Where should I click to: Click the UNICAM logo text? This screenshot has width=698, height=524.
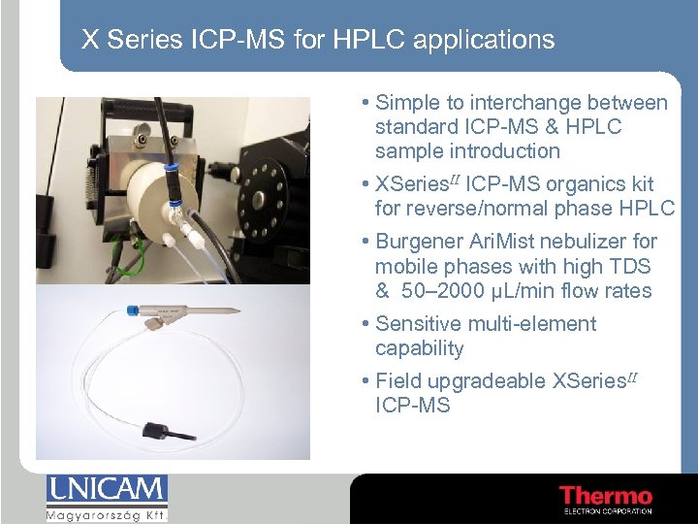point(107,489)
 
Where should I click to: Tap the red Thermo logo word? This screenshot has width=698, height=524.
point(605,496)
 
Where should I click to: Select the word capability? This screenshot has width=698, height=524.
point(419,348)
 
